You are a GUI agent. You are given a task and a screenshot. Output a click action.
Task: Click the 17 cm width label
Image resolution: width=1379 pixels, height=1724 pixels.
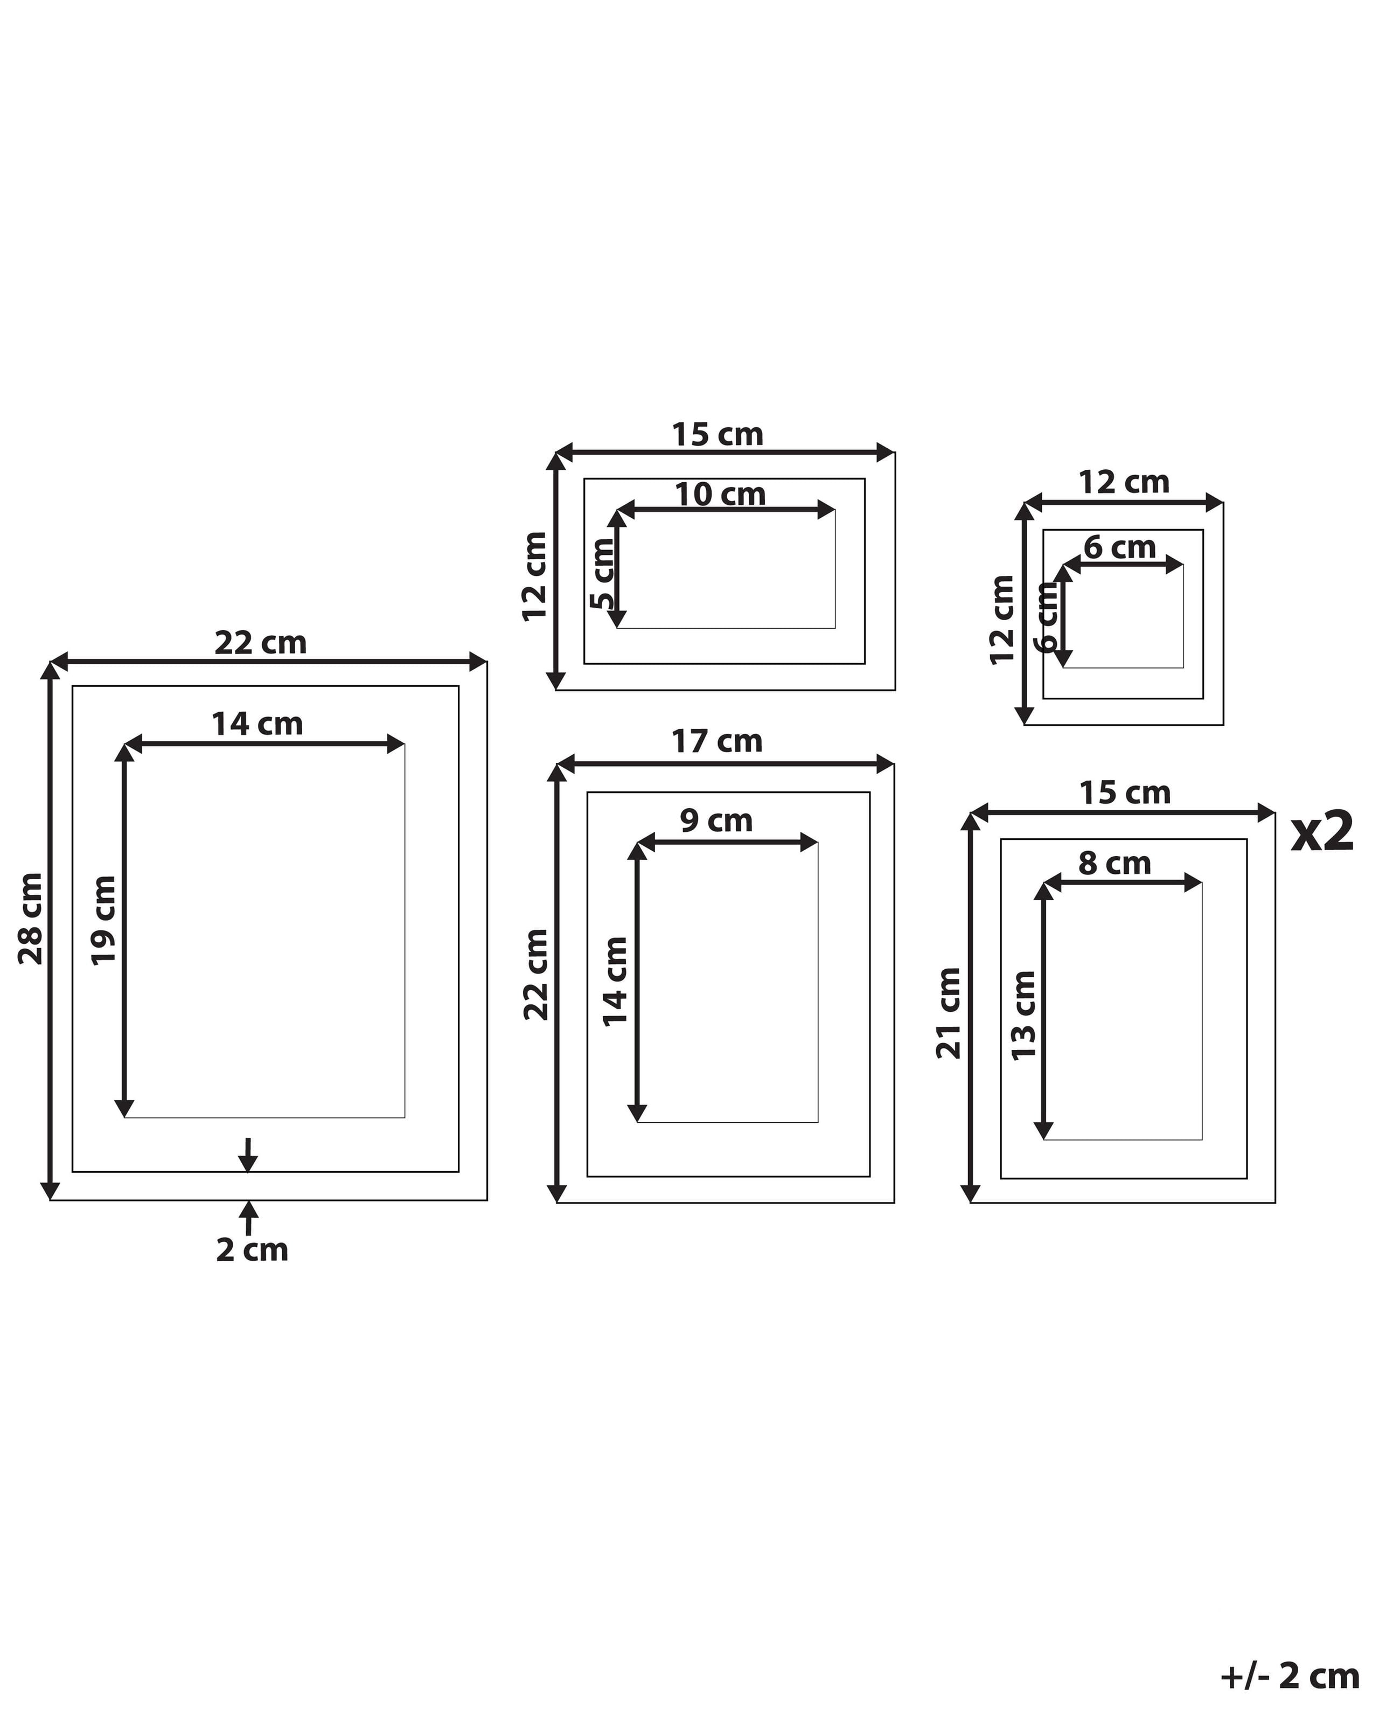pyautogui.click(x=716, y=741)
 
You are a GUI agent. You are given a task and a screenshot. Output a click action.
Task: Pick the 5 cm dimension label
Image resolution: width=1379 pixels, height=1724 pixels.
pyautogui.click(x=603, y=573)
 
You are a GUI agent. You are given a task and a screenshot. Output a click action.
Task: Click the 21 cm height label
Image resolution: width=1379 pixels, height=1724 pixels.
pyautogui.click(x=949, y=1013)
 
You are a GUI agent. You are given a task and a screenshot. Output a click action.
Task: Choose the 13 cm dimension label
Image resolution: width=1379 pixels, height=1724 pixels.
pyautogui.click(x=1024, y=1016)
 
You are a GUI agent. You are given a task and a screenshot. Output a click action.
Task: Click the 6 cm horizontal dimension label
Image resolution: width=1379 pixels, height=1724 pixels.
pyautogui.click(x=1119, y=548)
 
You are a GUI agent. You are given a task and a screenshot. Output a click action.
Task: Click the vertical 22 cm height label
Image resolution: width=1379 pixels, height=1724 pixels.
pyautogui.click(x=537, y=975)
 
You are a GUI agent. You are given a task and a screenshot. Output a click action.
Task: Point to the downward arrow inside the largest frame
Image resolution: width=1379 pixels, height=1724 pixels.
pyautogui.click(x=249, y=1155)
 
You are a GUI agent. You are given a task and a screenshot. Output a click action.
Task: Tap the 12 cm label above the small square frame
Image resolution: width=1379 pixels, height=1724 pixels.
pyautogui.click(x=1124, y=482)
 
